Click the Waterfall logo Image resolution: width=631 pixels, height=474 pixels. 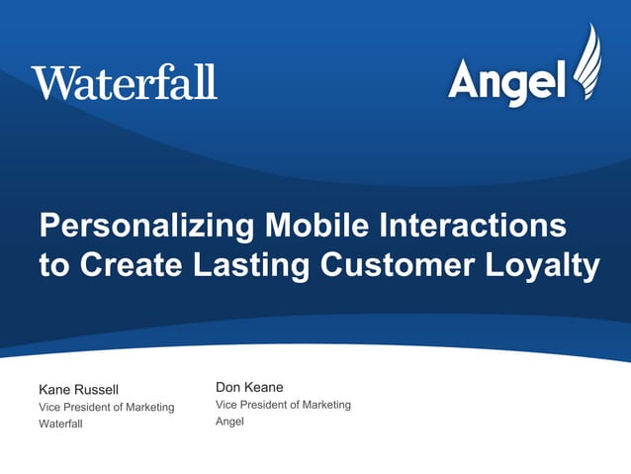pos(124,81)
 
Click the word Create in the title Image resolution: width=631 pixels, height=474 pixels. pos(125,266)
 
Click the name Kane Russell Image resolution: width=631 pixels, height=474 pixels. pos(78,389)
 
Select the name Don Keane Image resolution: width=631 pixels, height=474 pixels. pos(249,387)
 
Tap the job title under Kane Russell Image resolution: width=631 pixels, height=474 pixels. pos(106,407)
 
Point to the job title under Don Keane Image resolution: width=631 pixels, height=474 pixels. pos(283,405)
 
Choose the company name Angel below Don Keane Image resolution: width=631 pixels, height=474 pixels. pos(229,423)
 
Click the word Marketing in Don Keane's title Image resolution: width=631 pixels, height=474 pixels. pos(326,405)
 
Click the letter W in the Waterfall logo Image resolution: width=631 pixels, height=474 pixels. pos(48,81)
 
